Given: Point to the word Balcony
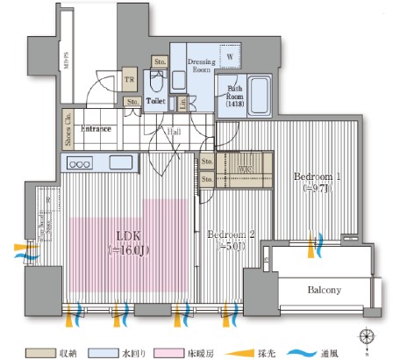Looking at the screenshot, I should click(324, 290).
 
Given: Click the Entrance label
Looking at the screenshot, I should click(96, 129).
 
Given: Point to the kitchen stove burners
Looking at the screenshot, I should click(80, 163).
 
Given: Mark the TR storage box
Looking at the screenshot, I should click(129, 78).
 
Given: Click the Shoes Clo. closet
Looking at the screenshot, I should click(68, 129).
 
